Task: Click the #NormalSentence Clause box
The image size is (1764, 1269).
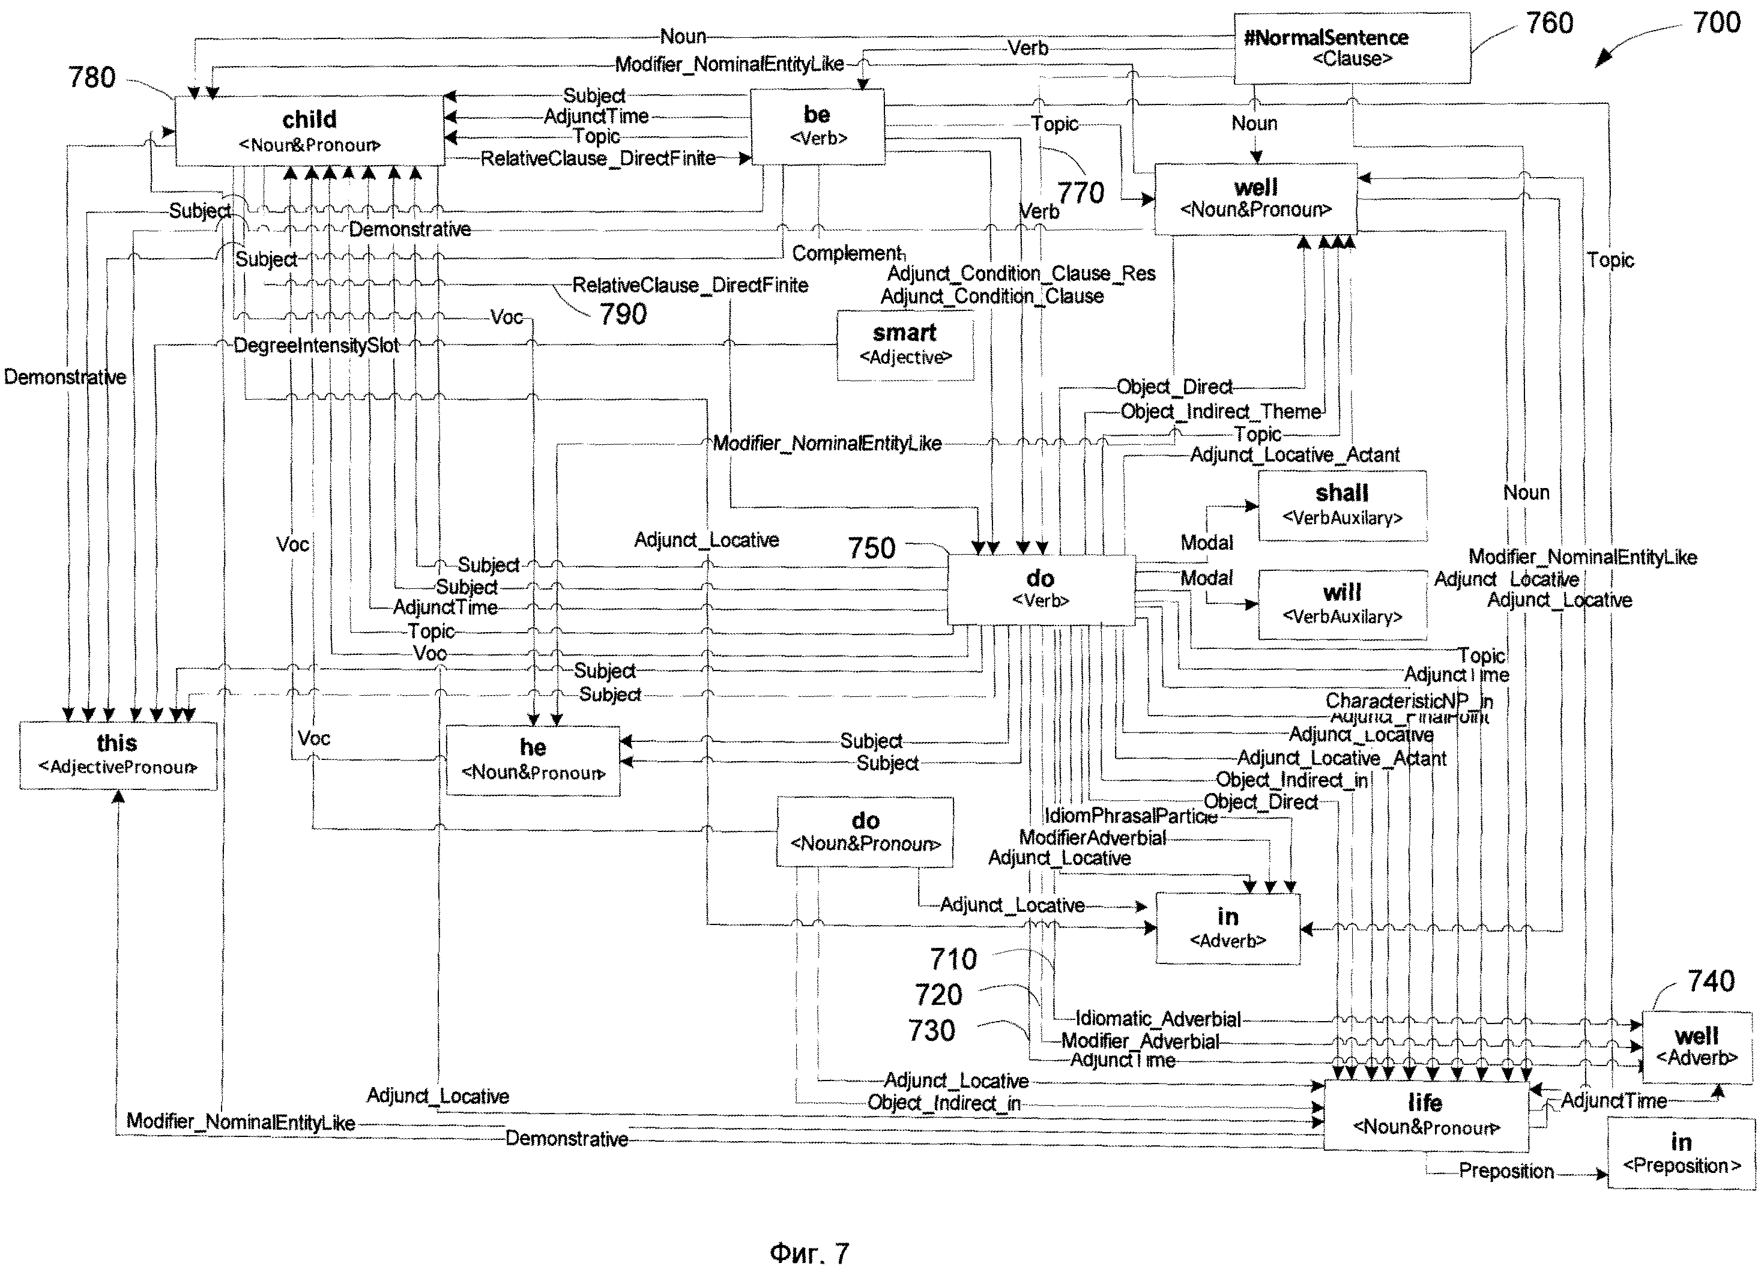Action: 1352,47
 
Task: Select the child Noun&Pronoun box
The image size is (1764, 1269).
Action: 310,131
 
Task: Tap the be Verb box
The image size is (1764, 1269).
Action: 817,125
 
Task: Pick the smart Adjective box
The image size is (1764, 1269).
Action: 905,345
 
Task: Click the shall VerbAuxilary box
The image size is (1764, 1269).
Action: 1342,505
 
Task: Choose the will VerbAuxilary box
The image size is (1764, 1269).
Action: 1342,604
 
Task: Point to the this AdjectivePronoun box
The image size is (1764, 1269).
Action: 118,754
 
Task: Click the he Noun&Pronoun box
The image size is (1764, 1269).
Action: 533,760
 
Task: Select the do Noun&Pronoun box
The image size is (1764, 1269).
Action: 865,831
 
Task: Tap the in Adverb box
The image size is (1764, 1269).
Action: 1227,927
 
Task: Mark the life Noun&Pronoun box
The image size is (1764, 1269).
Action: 1425,1114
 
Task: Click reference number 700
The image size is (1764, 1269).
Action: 1716,23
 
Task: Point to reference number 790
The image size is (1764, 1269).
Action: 622,314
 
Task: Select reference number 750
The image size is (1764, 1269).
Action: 871,548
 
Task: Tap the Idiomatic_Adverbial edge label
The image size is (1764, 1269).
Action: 1158,1019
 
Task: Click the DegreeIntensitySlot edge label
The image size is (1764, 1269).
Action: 316,345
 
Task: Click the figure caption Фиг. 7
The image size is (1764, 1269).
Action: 809,1253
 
